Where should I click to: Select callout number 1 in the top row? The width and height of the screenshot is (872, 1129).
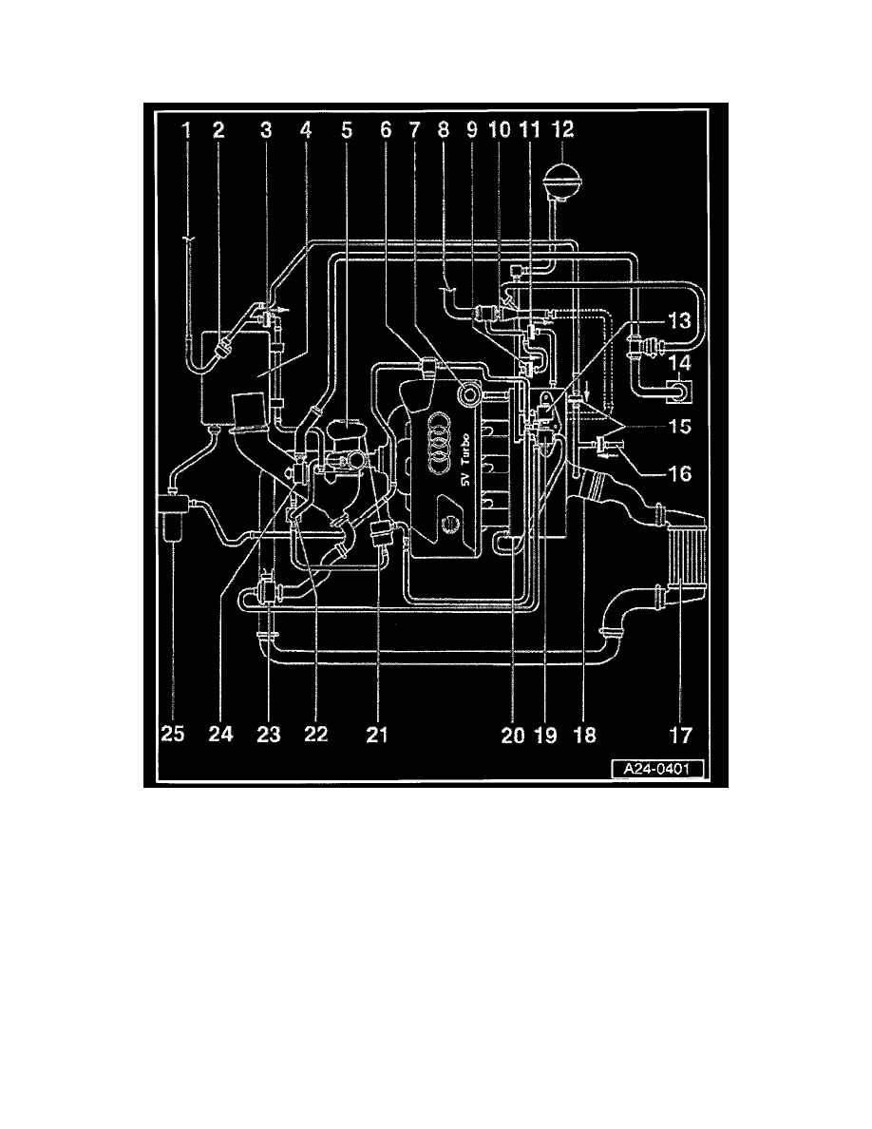187,129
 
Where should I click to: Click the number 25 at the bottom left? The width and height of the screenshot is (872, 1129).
173,734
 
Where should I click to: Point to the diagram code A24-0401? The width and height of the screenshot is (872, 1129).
656,769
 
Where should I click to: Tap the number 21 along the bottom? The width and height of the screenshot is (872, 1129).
377,734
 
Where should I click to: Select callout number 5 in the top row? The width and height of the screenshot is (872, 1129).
347,129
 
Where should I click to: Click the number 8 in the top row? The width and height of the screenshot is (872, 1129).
444,129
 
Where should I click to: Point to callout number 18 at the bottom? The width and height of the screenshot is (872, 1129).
585,734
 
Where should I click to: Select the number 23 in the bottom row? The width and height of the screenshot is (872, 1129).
269,734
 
